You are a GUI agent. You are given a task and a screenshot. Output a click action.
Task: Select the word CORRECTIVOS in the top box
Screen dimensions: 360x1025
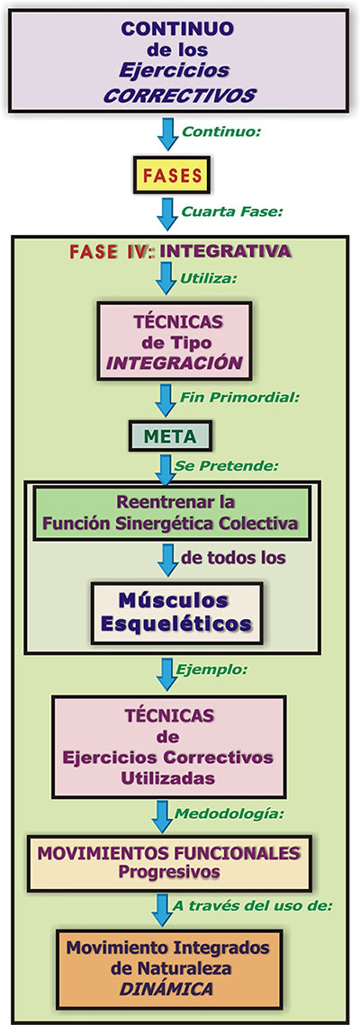[x=180, y=96]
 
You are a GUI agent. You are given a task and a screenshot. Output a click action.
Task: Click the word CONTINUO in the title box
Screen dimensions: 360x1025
[x=179, y=29]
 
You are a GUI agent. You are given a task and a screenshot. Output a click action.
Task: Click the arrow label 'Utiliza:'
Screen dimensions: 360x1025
[x=209, y=278]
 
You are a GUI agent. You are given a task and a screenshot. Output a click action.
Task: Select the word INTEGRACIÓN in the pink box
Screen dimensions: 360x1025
[x=174, y=363]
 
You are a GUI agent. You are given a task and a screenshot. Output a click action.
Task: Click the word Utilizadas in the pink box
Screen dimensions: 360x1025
[x=170, y=778]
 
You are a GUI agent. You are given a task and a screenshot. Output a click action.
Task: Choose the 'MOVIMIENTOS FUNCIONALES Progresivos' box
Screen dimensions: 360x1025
[x=168, y=863]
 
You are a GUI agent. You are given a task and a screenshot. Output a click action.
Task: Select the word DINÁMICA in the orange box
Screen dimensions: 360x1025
[x=166, y=990]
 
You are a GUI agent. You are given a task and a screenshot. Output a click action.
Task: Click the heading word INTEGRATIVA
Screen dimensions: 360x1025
[x=226, y=250]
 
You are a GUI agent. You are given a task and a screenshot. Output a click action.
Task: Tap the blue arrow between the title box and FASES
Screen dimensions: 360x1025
[x=168, y=132]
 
